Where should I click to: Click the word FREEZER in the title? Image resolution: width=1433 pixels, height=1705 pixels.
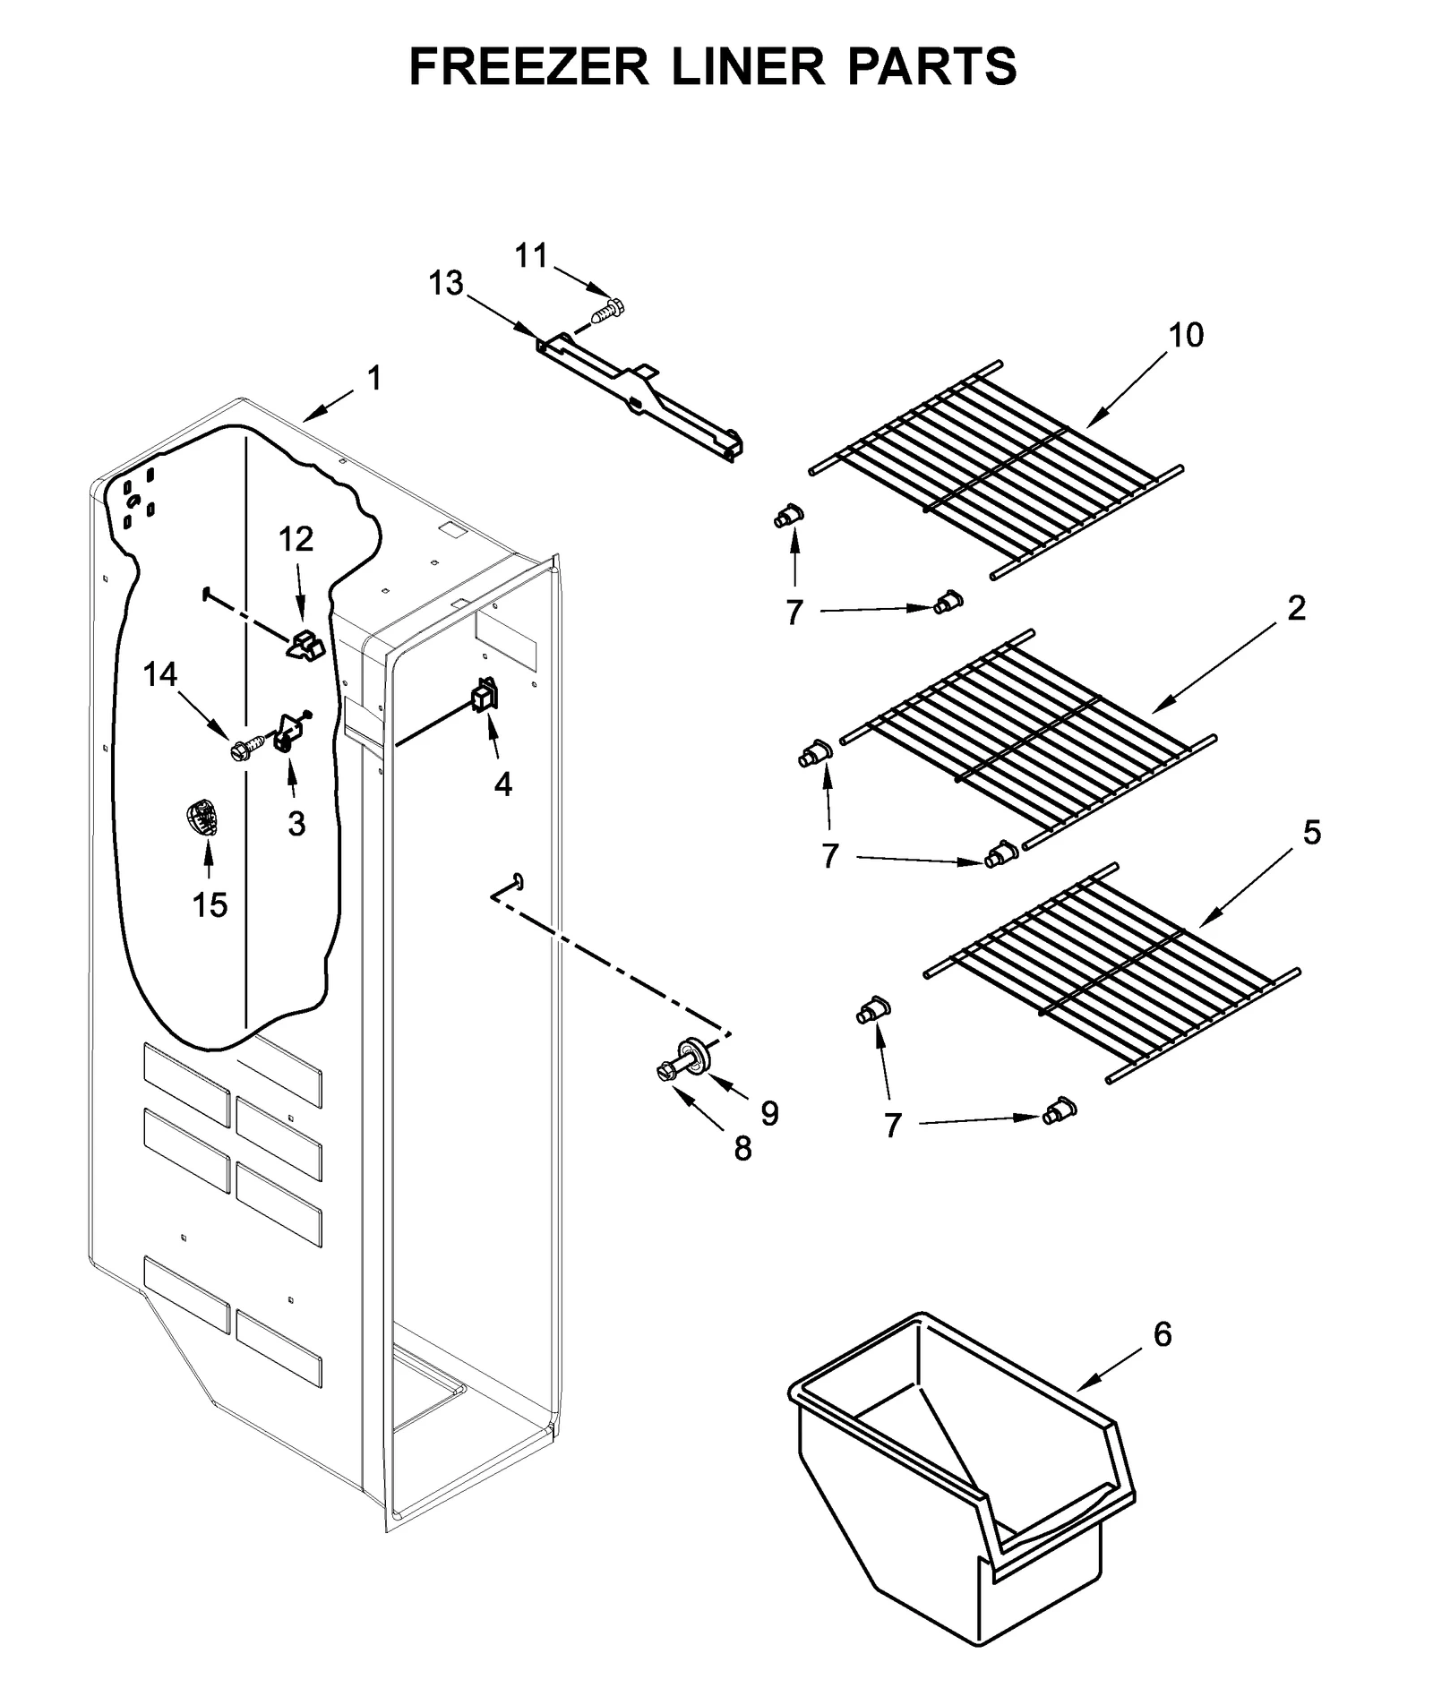tap(528, 65)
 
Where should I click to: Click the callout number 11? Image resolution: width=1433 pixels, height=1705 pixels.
tap(531, 256)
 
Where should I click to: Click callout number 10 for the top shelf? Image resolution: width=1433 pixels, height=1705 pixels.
tap(1186, 335)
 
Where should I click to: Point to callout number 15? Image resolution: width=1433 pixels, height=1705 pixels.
tap(210, 904)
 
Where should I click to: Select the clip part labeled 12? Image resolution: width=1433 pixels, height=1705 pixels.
tap(305, 644)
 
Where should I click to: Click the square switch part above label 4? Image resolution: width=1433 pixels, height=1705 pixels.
tap(485, 695)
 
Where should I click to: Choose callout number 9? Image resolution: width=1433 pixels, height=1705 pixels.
tap(769, 1113)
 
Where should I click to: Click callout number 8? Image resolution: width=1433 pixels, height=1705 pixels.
tap(742, 1149)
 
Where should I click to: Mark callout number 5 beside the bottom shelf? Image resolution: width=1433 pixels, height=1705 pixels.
tap(1311, 832)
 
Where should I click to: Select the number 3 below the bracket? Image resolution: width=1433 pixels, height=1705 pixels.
tap(296, 823)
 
